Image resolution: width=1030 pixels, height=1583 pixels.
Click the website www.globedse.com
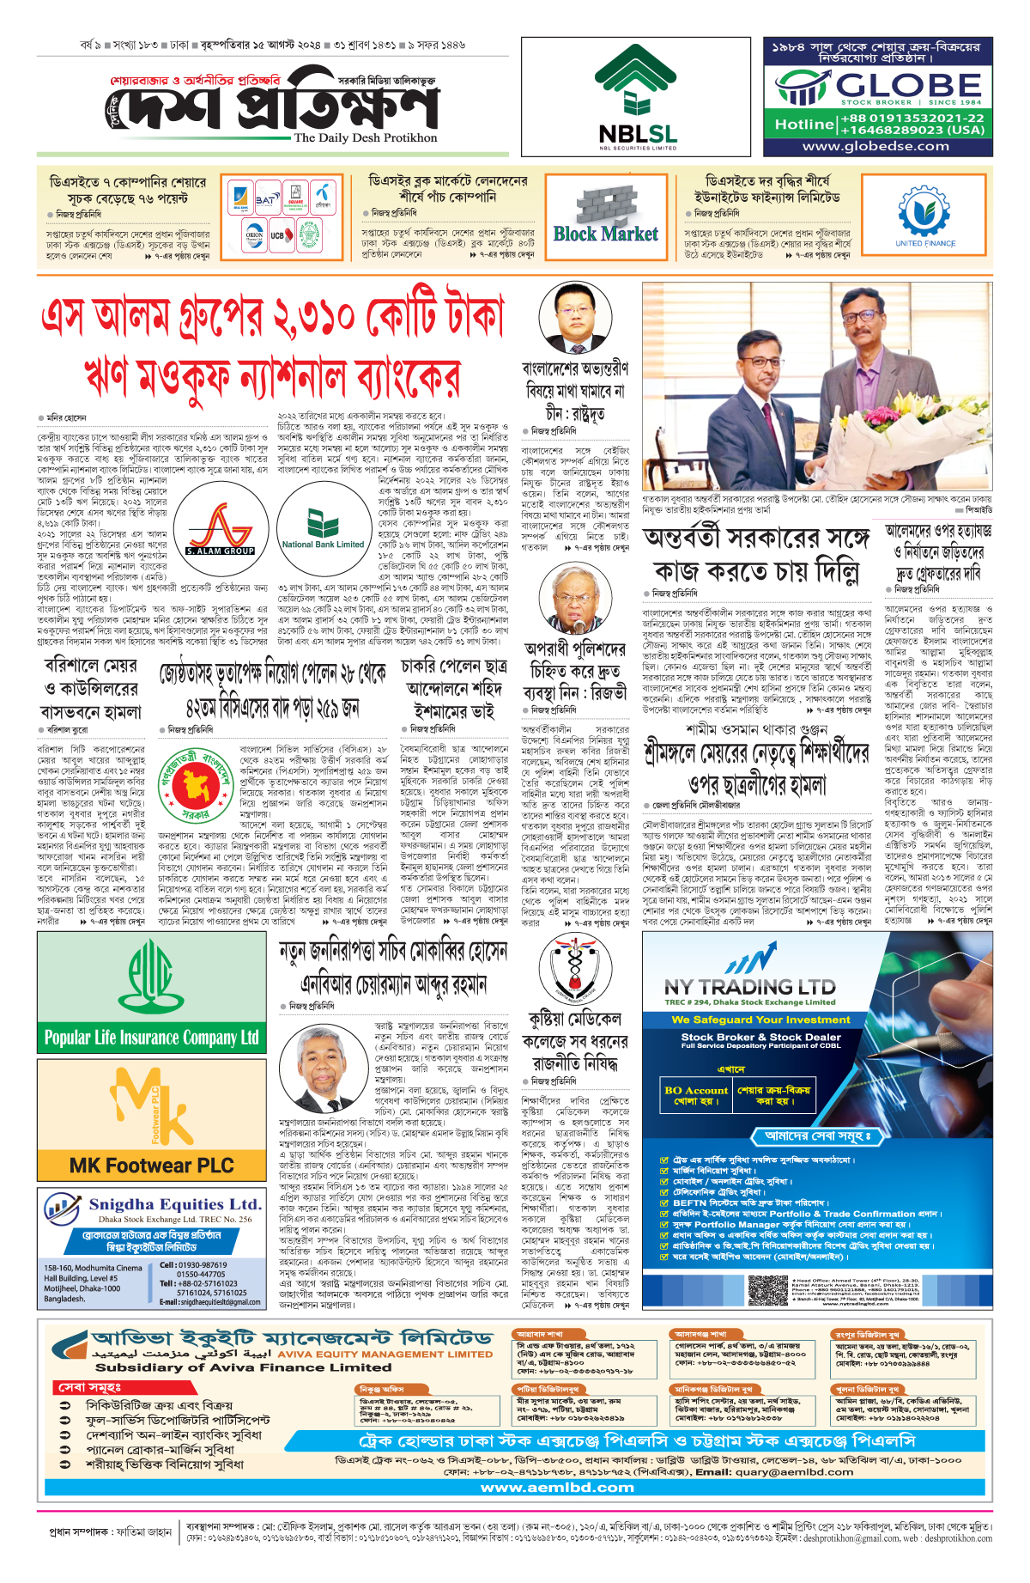[x=875, y=146]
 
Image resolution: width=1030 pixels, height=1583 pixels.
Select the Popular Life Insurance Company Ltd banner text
[x=151, y=1038]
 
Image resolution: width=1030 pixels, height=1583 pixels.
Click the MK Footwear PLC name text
[x=151, y=1166]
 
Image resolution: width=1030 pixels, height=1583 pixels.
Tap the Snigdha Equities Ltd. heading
[x=174, y=1204]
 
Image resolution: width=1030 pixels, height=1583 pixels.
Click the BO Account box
[x=695, y=1096]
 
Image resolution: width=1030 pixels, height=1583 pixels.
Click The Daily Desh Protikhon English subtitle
[x=365, y=137]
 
